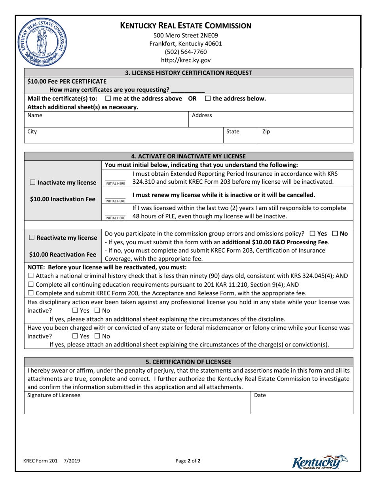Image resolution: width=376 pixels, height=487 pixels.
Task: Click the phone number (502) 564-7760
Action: [186, 52]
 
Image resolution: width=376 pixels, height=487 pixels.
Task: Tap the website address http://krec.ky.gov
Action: [186, 61]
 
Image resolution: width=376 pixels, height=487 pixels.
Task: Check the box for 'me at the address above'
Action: [108, 99]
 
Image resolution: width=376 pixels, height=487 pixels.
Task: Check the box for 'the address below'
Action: [208, 99]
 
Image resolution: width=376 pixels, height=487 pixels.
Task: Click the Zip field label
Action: [266, 131]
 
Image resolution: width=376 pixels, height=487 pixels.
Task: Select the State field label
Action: [232, 131]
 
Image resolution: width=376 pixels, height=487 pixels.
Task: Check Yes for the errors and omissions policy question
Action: [313, 234]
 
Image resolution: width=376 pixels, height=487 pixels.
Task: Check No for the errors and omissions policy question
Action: [335, 234]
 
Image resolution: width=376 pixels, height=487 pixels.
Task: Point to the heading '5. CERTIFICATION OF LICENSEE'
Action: [188, 361]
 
